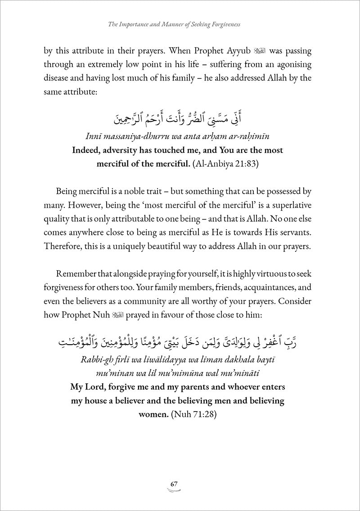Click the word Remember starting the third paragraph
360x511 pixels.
coord(77,274)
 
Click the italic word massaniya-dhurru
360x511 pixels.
coord(146,137)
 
